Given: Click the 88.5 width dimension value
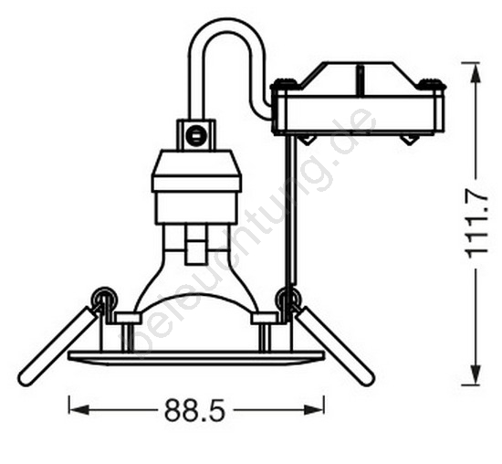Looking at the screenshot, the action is click(195, 410).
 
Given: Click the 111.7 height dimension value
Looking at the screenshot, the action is click(477, 224).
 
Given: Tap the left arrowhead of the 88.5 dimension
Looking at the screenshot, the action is click(78, 410).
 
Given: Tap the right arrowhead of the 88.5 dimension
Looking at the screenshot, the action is click(314, 410).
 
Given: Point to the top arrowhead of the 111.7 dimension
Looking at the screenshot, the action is click(476, 73).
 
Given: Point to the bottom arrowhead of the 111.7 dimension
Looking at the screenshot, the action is click(476, 374).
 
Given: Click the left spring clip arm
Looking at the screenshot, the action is click(58, 346).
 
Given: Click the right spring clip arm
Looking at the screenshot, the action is click(335, 346).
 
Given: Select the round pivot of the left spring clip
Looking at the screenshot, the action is click(104, 298).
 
